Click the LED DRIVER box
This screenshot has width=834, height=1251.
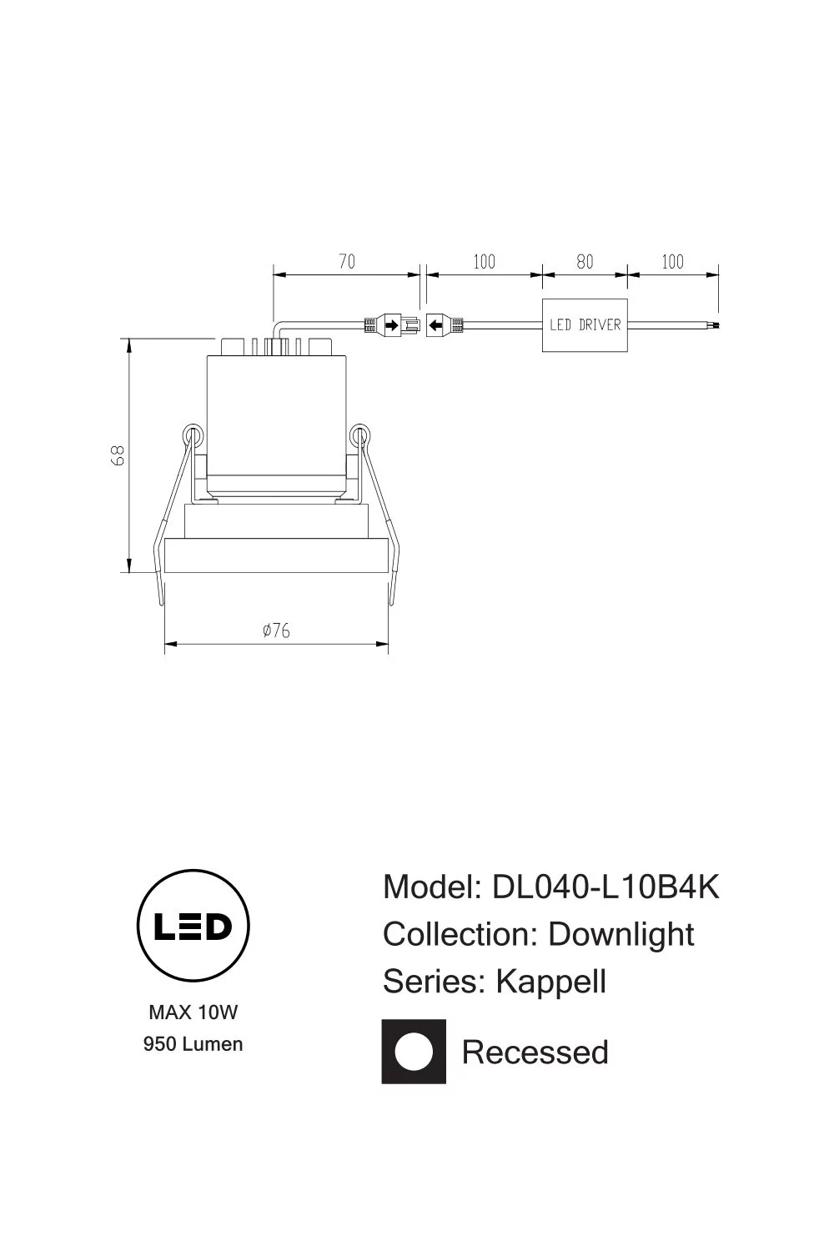click(585, 325)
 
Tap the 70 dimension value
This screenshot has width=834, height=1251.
click(347, 261)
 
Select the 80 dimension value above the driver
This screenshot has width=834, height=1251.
click(585, 261)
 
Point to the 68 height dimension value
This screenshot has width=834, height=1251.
click(118, 455)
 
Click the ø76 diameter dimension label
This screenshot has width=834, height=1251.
click(276, 631)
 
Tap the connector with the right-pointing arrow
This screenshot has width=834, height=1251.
click(392, 325)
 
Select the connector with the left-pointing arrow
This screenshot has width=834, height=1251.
click(445, 325)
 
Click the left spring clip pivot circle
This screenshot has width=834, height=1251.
click(193, 434)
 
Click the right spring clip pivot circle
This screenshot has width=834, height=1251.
click(359, 434)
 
